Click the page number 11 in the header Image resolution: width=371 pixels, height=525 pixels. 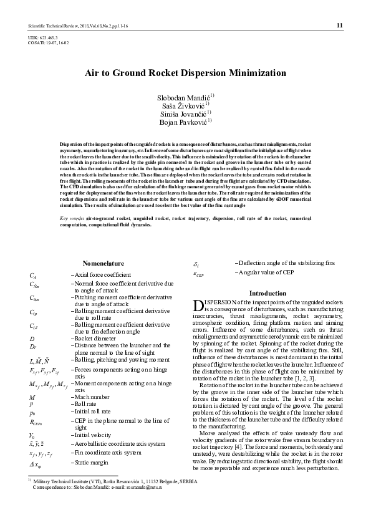(339, 26)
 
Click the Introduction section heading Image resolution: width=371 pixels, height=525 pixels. (267, 293)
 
